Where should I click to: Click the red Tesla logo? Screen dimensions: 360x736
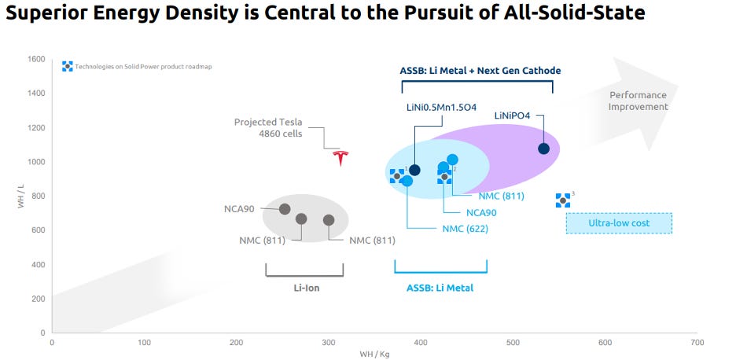(x=340, y=157)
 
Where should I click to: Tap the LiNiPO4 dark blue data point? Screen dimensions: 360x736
(x=543, y=149)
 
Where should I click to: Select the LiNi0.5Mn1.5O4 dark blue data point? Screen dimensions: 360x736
(x=415, y=170)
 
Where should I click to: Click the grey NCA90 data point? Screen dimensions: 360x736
(x=285, y=209)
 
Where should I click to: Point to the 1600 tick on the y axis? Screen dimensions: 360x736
(x=35, y=59)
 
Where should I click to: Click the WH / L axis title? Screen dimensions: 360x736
(x=21, y=196)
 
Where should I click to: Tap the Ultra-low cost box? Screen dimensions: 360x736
(x=619, y=223)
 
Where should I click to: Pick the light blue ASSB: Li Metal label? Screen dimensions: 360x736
(x=440, y=288)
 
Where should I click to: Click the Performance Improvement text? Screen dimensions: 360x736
(x=638, y=101)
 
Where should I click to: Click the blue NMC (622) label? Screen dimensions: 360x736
(x=465, y=229)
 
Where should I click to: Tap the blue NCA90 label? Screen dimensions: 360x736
(x=480, y=212)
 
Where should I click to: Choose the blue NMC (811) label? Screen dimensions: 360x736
(x=501, y=197)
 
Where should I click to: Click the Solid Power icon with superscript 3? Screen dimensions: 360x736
(x=562, y=200)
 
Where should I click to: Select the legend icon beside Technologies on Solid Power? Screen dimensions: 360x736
(x=68, y=67)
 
